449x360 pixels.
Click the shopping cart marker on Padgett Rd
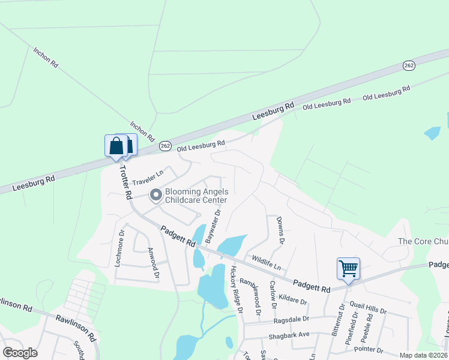pyautogui.click(x=348, y=269)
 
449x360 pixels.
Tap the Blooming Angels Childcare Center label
pyautogui.click(x=196, y=196)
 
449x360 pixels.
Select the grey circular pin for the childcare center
pyautogui.click(x=155, y=195)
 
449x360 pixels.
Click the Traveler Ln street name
pyautogui.click(x=148, y=177)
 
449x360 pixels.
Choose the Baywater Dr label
pyautogui.click(x=213, y=226)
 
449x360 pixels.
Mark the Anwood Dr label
pyautogui.click(x=153, y=265)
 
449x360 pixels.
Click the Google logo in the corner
pyautogui.click(x=20, y=353)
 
